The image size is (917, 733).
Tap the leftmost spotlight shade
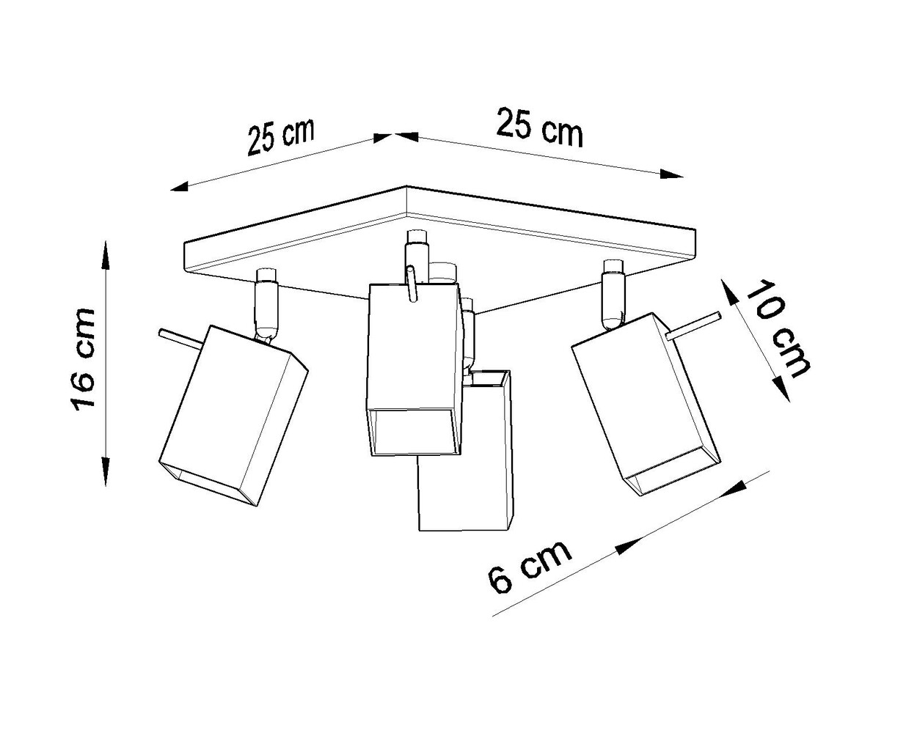[x=233, y=414]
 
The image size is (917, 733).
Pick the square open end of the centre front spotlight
[x=414, y=432]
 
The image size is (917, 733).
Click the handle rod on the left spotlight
[x=178, y=338]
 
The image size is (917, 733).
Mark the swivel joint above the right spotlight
[x=611, y=301]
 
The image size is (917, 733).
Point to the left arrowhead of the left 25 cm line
[x=178, y=188]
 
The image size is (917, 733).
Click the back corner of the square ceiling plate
[x=406, y=188]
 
